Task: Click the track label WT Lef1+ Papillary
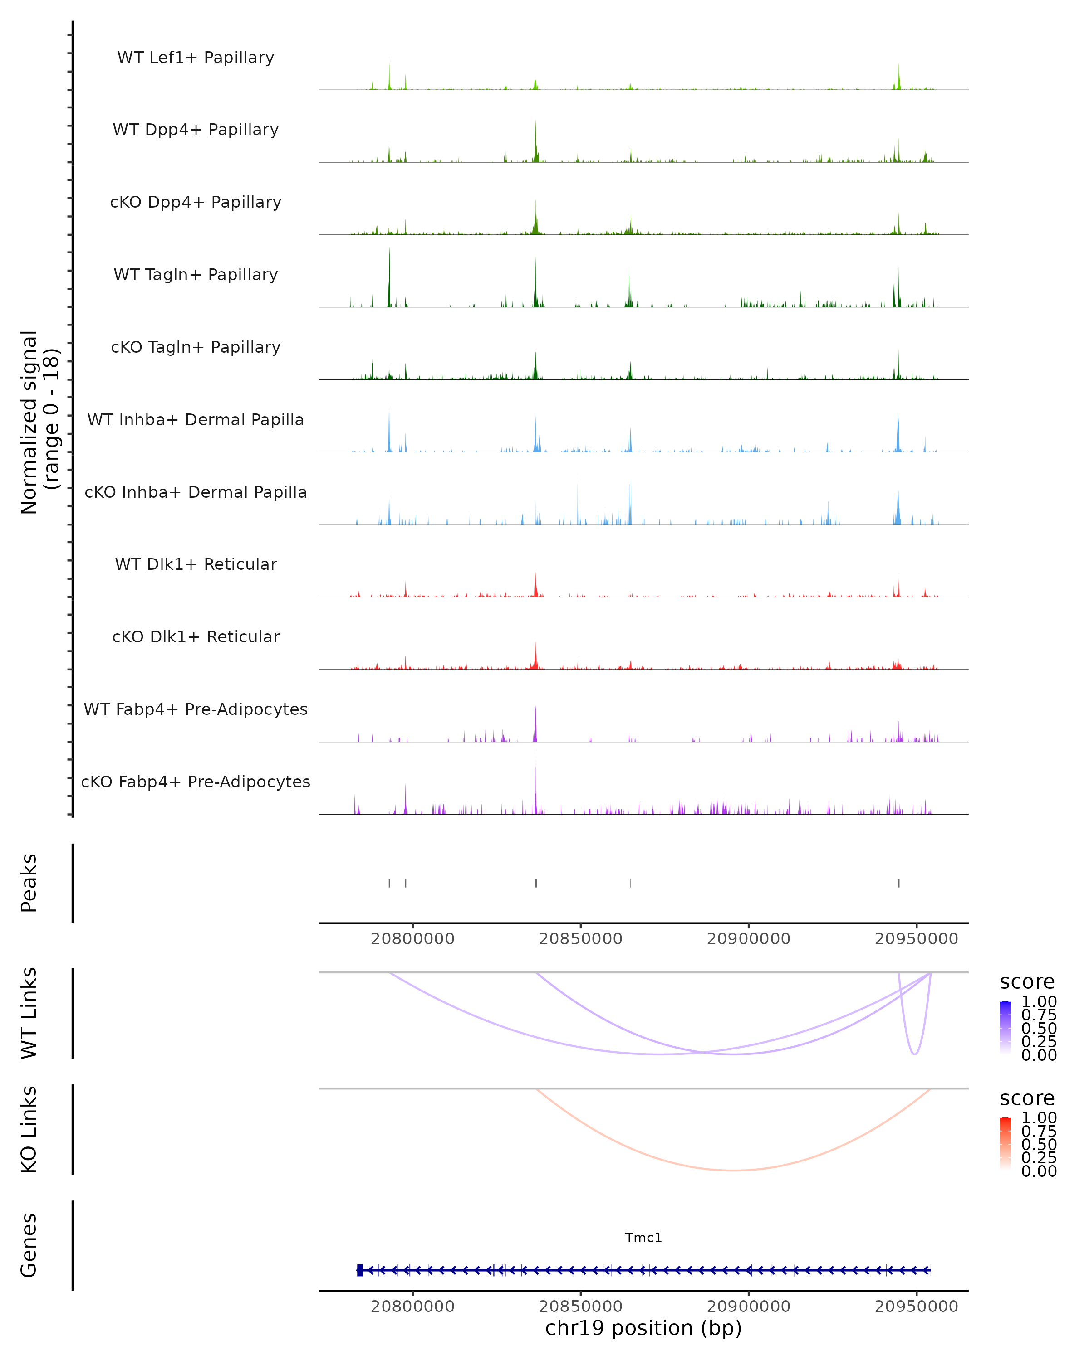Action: point(196,58)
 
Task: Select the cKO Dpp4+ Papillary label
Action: point(196,203)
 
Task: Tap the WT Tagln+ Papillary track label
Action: point(196,275)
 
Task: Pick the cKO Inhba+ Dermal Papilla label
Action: point(196,493)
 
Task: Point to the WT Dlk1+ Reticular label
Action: point(196,564)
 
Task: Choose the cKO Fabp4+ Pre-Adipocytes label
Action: point(196,782)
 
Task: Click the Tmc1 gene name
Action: point(643,1238)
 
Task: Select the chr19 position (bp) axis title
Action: point(643,1328)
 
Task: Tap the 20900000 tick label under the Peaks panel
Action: point(748,939)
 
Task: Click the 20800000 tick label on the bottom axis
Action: point(412,1307)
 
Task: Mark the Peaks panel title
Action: point(29,883)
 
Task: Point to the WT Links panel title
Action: point(29,1013)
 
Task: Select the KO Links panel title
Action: point(29,1130)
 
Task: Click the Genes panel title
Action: point(29,1246)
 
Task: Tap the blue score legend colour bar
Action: point(1005,1028)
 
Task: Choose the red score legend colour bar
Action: point(1005,1144)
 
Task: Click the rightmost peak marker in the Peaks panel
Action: point(898,883)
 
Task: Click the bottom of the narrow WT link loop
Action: point(914,1054)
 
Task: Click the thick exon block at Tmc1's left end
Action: point(360,1270)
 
